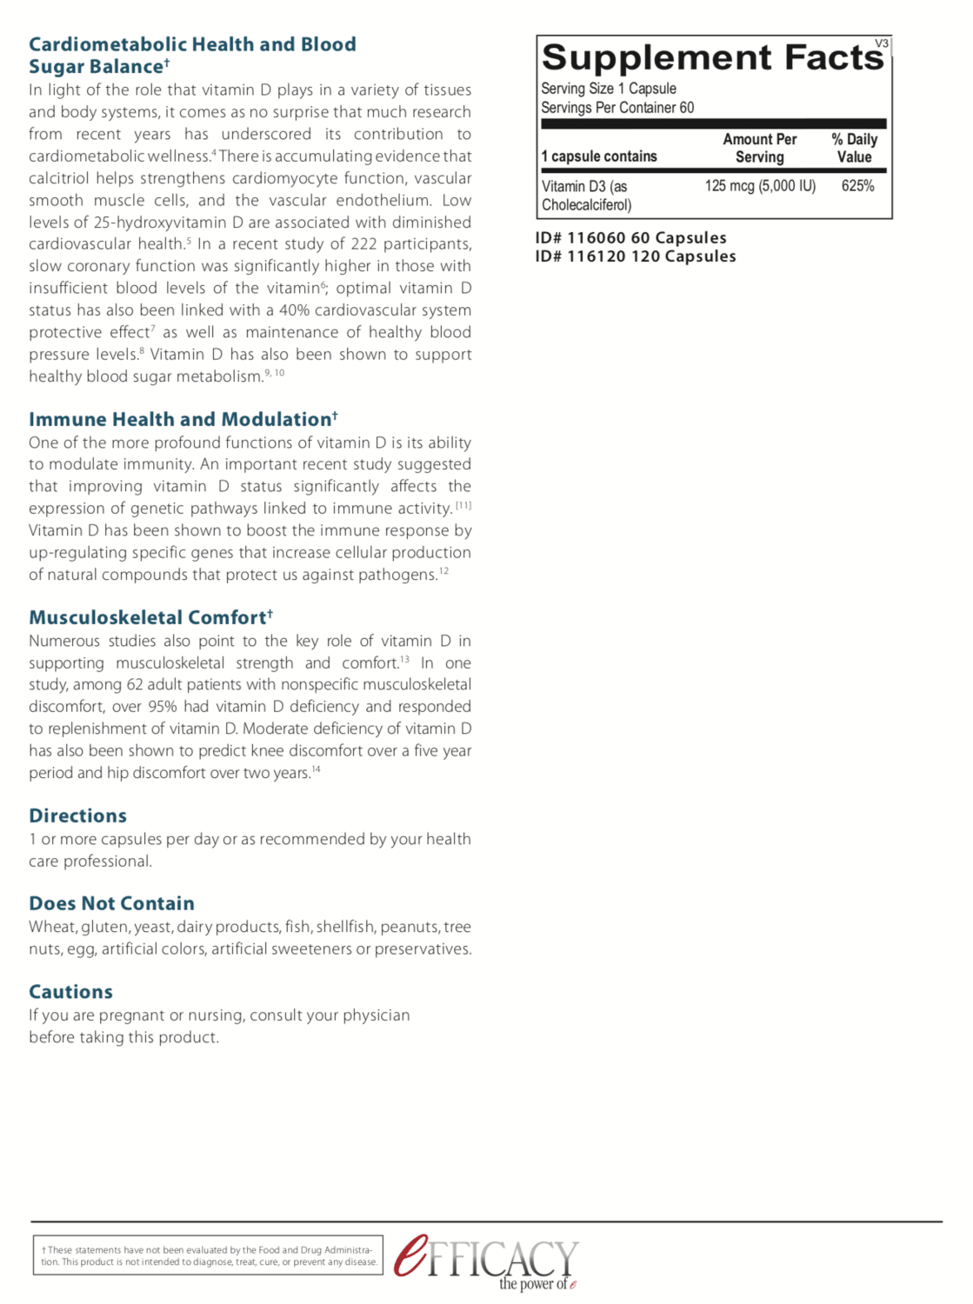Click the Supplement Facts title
tap(711, 57)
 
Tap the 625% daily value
tap(857, 186)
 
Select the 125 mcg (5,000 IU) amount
tap(760, 186)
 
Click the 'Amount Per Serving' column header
tap(759, 149)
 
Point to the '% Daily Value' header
tap(854, 149)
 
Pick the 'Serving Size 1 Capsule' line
tap(608, 89)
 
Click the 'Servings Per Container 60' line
tap(617, 108)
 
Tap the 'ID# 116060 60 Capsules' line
tap(630, 238)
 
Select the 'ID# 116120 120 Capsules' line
tap(636, 256)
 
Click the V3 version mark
tap(882, 43)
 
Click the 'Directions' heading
tap(77, 816)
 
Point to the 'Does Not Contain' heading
tap(111, 904)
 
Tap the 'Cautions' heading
tap(70, 992)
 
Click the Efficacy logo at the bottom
tap(487, 1261)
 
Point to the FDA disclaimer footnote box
tap(208, 1255)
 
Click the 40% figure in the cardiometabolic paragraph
tap(294, 310)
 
